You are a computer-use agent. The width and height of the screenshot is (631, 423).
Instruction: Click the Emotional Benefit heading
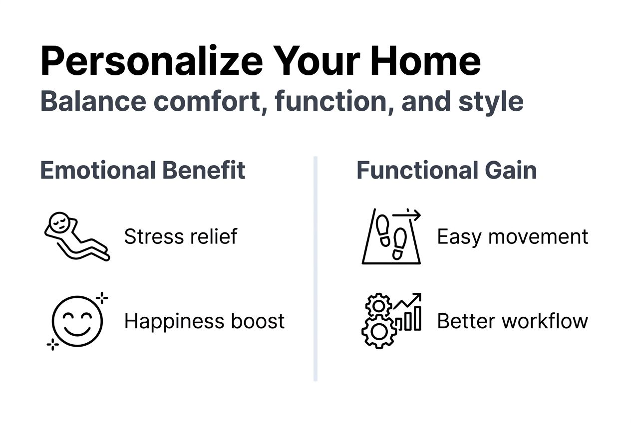pos(143,171)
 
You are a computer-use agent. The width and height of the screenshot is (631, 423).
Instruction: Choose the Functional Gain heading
pos(446,171)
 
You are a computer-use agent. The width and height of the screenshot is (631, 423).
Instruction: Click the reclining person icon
pos(77,236)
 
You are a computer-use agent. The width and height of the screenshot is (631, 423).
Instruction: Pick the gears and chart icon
pos(391,320)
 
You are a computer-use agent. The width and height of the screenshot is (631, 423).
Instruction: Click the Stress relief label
pos(181,236)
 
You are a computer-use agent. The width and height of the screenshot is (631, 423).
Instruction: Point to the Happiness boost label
pos(204,321)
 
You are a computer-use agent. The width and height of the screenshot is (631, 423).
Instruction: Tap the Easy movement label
pos(512,236)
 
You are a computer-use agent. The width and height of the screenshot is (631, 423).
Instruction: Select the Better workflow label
pos(512,321)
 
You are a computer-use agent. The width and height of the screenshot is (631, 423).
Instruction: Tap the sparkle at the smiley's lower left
pos(52,344)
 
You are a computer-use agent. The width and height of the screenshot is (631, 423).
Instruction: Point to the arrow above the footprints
pos(406,215)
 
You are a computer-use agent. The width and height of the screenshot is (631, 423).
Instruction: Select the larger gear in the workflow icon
pos(378,332)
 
